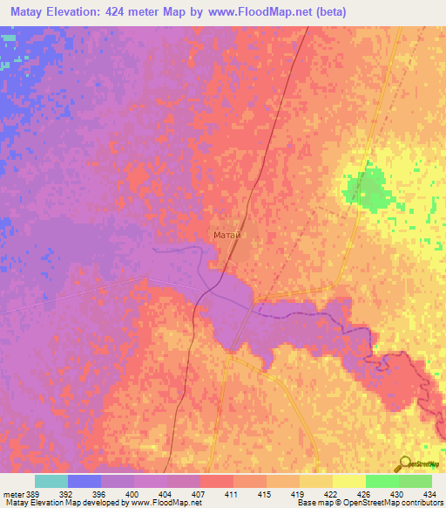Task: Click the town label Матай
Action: [x=226, y=235]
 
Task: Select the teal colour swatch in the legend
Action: [x=51, y=481]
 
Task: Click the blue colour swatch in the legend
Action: [x=84, y=481]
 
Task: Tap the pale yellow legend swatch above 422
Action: [x=315, y=481]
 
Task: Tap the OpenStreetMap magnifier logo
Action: [x=403, y=463]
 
